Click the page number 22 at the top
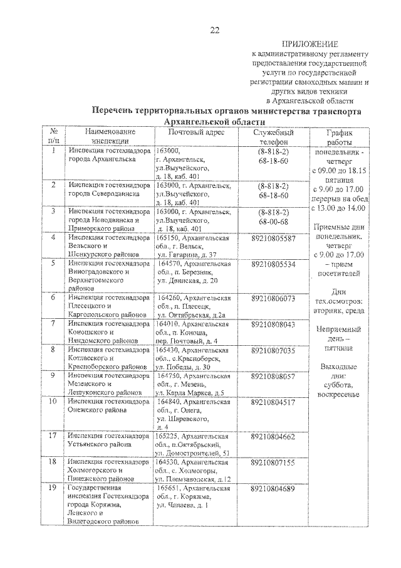[215, 30]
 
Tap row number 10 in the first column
[54, 402]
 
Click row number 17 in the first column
[54, 436]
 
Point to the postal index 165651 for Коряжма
[170, 488]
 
